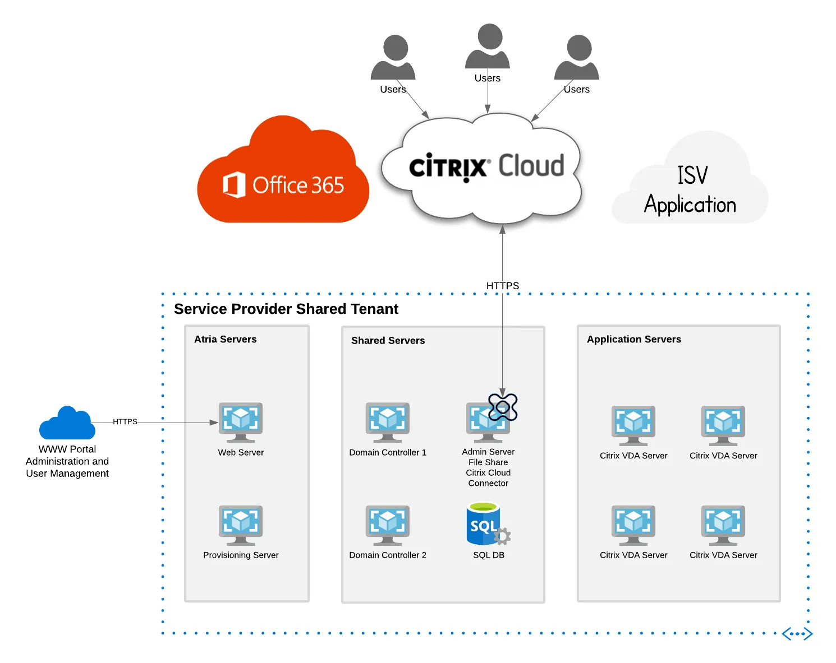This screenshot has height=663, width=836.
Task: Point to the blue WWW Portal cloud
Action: [x=67, y=424]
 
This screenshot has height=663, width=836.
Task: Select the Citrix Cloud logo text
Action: [x=486, y=166]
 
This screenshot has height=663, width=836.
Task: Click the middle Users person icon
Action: [x=488, y=47]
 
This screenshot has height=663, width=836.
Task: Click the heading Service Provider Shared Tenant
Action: [x=286, y=309]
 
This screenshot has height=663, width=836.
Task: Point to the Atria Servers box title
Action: [x=226, y=339]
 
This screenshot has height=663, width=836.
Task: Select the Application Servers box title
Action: [x=634, y=339]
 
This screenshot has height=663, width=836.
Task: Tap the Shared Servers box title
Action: [x=388, y=340]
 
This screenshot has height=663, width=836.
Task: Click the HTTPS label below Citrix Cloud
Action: [x=503, y=286]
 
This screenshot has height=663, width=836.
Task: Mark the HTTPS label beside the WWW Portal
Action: [x=125, y=421]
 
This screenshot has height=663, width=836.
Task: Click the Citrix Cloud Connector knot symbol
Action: [x=503, y=407]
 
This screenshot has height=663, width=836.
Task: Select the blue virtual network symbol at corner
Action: [x=797, y=634]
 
